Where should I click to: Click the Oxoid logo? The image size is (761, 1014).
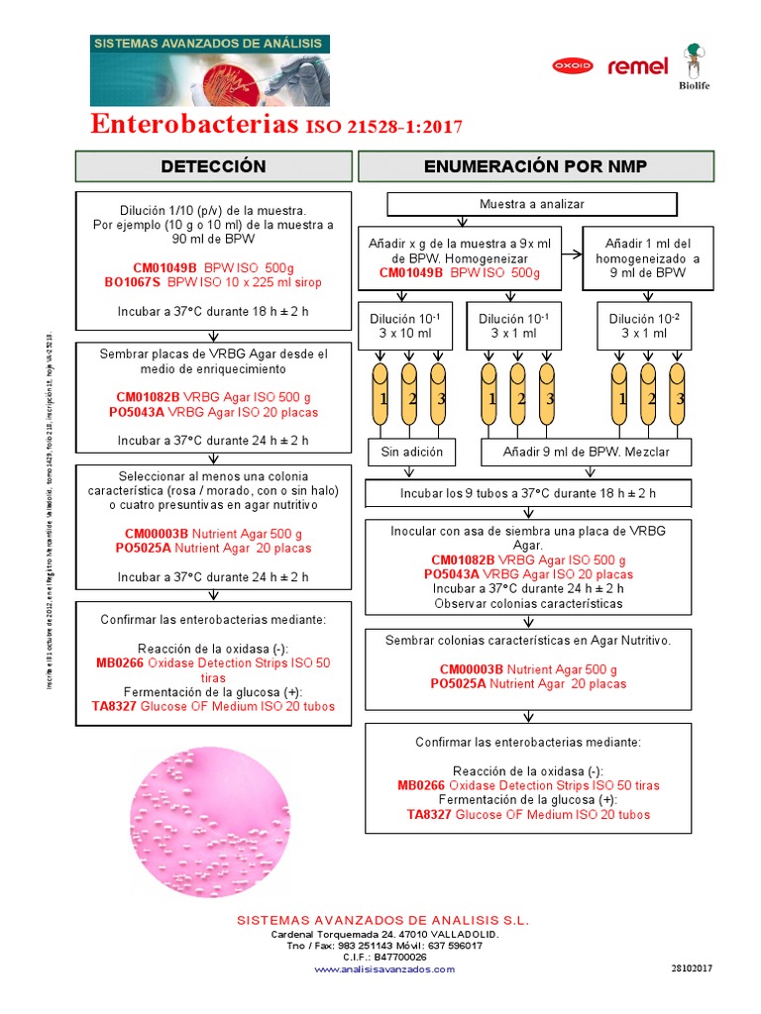(572, 66)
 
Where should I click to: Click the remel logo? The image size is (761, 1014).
(637, 67)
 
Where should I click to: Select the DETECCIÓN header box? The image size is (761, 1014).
(214, 166)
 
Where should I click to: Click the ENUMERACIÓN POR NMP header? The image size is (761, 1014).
(535, 166)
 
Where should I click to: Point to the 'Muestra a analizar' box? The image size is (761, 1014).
(532, 204)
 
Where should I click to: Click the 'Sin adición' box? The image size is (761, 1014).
(412, 452)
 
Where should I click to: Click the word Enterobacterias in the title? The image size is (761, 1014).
(194, 125)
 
